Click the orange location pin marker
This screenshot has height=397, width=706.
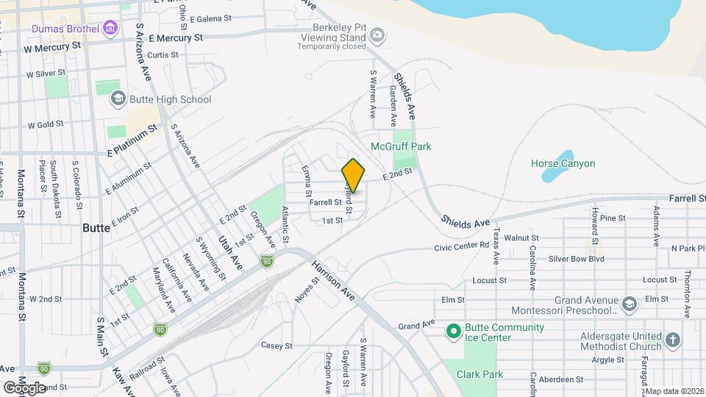353,175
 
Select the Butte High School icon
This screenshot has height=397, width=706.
117,99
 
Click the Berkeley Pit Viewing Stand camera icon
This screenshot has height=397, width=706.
377,34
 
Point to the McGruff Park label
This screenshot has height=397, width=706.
401,146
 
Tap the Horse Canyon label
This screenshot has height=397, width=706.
563,163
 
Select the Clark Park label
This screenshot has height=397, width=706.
479,374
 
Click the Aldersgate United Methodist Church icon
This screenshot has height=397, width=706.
673,339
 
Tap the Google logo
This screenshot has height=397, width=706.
24,387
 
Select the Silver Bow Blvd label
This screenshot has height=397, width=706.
577,259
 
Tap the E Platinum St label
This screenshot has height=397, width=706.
132,140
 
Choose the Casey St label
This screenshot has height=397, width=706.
277,346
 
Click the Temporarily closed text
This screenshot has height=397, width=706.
332,46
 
